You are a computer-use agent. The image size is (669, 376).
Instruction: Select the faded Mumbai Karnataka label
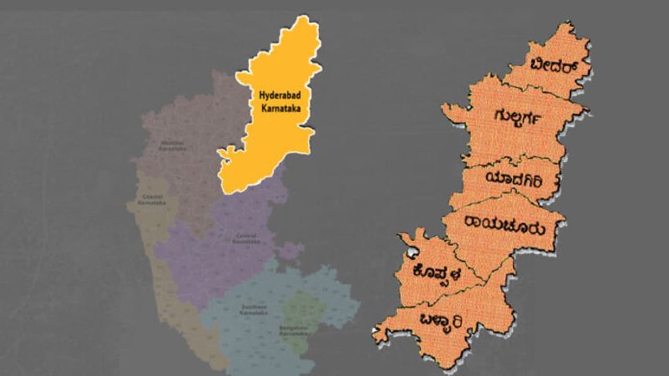(172, 145)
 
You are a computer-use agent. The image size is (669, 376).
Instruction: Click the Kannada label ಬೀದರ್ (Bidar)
(549, 67)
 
